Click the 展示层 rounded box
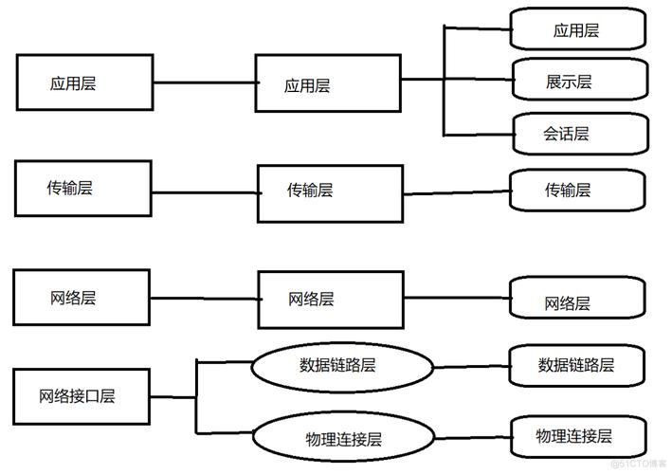[x=579, y=81]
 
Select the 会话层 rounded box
[x=579, y=134]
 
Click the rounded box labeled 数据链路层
[x=577, y=364]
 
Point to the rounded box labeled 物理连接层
[x=577, y=436]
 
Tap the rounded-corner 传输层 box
[x=579, y=190]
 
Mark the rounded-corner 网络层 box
[x=579, y=301]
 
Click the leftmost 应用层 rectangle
[x=85, y=82]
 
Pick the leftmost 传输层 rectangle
[x=82, y=188]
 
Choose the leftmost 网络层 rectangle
[x=82, y=298]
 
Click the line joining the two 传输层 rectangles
[x=203, y=191]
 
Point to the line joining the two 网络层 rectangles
[x=203, y=301]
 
